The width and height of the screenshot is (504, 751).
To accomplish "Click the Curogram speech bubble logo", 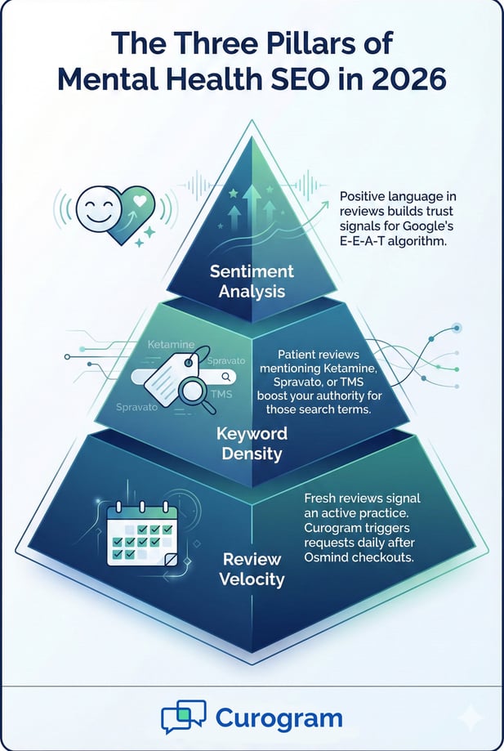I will point(183,718).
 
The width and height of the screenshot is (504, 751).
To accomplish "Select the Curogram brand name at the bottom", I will point(279,718).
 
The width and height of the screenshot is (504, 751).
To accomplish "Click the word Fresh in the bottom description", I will point(323,498).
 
